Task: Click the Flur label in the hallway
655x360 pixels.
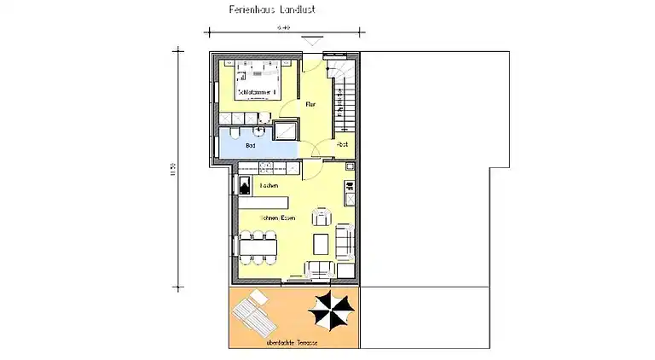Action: (311, 104)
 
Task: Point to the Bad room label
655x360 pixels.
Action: (250, 146)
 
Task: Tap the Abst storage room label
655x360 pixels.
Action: (343, 145)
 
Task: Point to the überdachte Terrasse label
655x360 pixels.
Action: (293, 342)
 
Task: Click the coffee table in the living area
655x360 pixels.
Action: (322, 245)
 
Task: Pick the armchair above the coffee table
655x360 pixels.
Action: (321, 215)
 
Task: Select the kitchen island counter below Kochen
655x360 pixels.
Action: (264, 202)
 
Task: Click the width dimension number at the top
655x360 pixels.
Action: (282, 28)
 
